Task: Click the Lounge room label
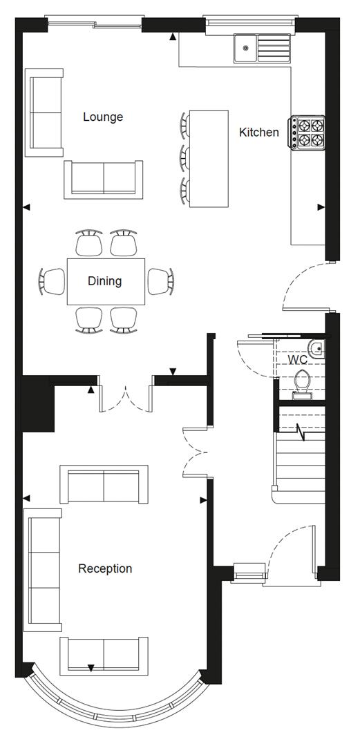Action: pos(103,117)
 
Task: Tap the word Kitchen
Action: pos(259,132)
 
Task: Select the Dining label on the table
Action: pos(104,281)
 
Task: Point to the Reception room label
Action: pos(104,568)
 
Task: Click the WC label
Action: pos(297,360)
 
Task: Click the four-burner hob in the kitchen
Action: pos(308,133)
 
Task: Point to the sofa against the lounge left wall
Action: pos(45,113)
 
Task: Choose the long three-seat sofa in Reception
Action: pos(43,570)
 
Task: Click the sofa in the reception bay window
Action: pos(104,656)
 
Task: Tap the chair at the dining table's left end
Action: pos(53,281)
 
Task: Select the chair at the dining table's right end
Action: pos(160,280)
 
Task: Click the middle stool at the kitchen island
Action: pos(186,157)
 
